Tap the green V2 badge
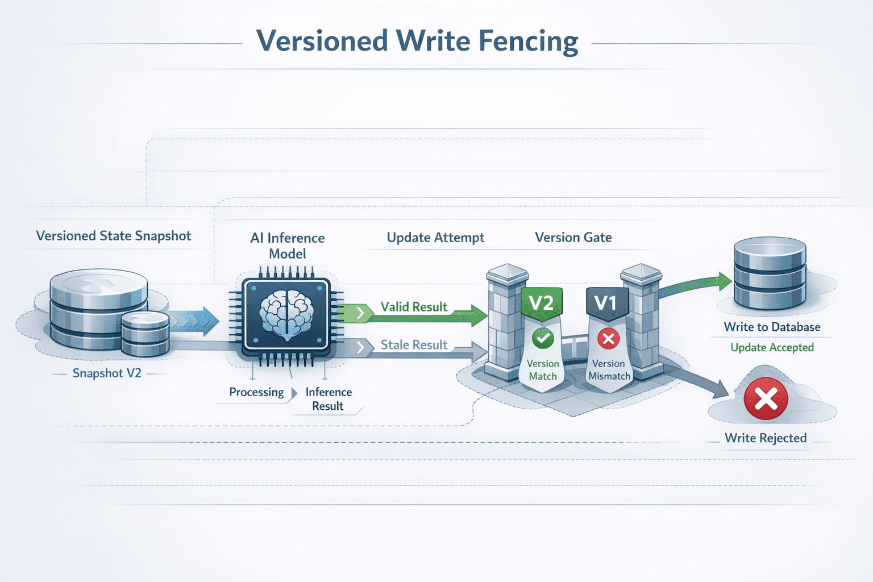click(x=542, y=304)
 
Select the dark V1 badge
click(x=607, y=304)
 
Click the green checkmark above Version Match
click(x=543, y=338)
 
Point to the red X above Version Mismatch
click(x=608, y=338)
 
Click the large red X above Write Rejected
click(x=766, y=398)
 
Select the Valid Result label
click(x=414, y=307)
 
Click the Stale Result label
click(x=414, y=344)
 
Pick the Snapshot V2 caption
click(x=107, y=373)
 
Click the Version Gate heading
click(x=573, y=237)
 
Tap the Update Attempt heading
click(x=435, y=238)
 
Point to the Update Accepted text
click(x=772, y=347)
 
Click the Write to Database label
click(x=772, y=327)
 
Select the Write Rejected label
click(x=766, y=438)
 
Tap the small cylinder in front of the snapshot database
click(x=145, y=334)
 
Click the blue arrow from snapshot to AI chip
click(x=194, y=321)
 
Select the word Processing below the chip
click(x=256, y=392)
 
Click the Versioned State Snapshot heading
click(x=114, y=236)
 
